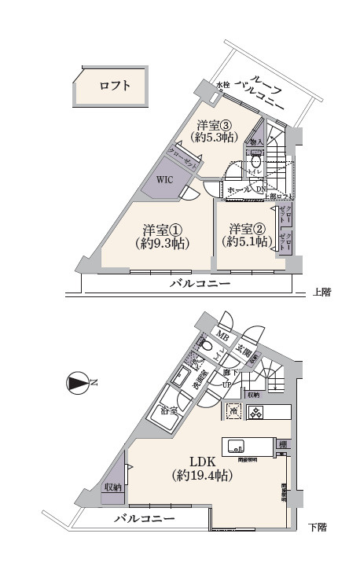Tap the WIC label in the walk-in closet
164,179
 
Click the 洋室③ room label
215,123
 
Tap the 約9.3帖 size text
163,244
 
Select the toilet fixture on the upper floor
255,163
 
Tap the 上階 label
322,292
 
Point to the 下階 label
318,526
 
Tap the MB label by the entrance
223,340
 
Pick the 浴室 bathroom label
169,410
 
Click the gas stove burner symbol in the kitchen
256,411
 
